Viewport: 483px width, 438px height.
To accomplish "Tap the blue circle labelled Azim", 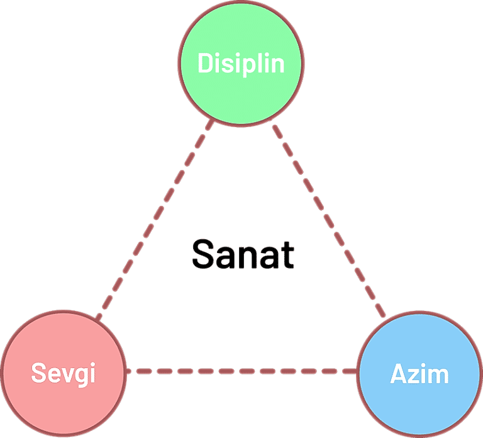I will [419, 400].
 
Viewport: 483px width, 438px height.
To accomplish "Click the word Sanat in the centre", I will [243, 254].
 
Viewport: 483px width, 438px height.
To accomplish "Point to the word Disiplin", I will [241, 64].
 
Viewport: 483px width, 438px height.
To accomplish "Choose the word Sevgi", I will [63, 374].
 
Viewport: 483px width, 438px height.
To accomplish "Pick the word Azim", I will [419, 374].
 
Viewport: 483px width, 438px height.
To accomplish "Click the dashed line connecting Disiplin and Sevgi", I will [155, 217].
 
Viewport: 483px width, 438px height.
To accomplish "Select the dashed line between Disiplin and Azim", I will [328, 217].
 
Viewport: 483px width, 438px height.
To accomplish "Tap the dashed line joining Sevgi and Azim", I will [241, 371].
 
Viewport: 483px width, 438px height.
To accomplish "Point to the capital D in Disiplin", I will [205, 63].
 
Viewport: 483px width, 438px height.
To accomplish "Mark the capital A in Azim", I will [399, 374].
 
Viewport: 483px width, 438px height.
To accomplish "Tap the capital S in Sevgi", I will [39, 374].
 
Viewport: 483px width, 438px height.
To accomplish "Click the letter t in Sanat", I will [287, 254].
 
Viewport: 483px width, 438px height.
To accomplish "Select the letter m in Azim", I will [439, 376].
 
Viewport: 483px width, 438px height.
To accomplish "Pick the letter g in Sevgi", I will [82, 377].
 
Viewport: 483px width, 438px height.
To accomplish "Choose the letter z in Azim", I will [414, 376].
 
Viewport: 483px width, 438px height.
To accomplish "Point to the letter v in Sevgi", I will [67, 376].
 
